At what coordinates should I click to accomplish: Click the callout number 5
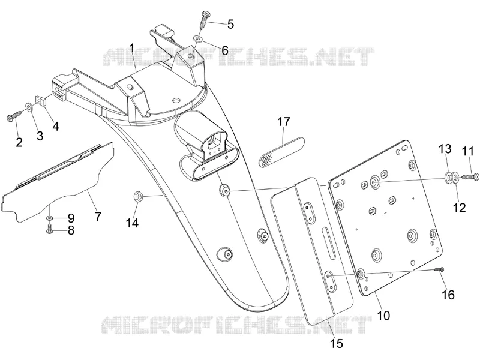tap(230, 24)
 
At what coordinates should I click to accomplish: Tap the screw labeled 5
tap(205, 20)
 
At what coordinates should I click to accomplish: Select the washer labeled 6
tap(197, 38)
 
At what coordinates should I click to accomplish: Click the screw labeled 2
tap(14, 116)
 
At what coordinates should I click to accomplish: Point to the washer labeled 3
tap(29, 107)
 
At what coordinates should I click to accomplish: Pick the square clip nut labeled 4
tap(40, 100)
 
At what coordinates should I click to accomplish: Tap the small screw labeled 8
tap(49, 229)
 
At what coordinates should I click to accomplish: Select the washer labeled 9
tap(49, 218)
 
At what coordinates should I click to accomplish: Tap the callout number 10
tap(383, 315)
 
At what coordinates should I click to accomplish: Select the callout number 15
tap(337, 343)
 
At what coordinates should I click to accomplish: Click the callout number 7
tap(98, 217)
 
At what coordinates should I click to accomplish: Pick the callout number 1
tap(131, 49)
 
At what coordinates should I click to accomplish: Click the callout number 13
tap(445, 149)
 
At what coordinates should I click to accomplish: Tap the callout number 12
tap(459, 208)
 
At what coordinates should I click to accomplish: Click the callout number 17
tap(283, 122)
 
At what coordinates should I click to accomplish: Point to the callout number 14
tap(132, 223)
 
